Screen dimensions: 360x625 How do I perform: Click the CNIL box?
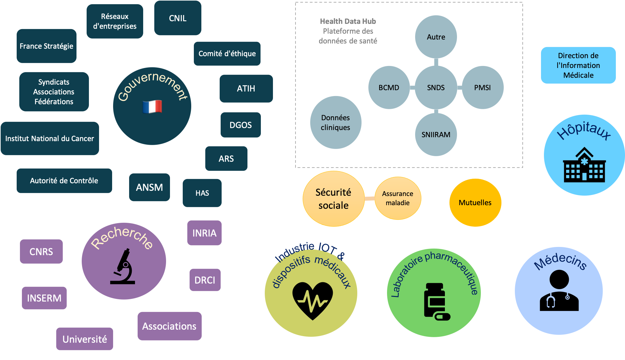tap(177, 18)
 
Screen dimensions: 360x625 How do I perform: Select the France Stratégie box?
tap(46, 46)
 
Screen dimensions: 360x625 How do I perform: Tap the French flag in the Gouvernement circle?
tap(152, 106)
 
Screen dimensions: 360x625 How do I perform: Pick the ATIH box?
tap(246, 89)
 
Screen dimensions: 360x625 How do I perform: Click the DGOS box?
tap(241, 125)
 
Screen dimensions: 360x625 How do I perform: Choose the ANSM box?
tap(149, 187)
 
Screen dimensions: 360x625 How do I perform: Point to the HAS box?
tap(202, 193)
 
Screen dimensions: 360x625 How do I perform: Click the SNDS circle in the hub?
tap(436, 88)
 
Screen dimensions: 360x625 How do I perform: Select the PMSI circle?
tap(482, 88)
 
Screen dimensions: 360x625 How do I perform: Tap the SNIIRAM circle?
tap(436, 135)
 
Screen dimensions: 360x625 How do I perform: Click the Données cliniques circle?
tap(335, 123)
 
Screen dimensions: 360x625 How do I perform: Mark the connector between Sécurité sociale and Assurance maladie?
tap(370, 198)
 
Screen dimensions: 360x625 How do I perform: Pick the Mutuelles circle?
tap(475, 203)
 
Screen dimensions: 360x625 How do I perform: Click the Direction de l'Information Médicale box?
tap(578, 65)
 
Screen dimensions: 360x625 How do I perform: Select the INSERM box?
tap(44, 298)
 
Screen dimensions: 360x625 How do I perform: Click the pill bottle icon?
tap(436, 301)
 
